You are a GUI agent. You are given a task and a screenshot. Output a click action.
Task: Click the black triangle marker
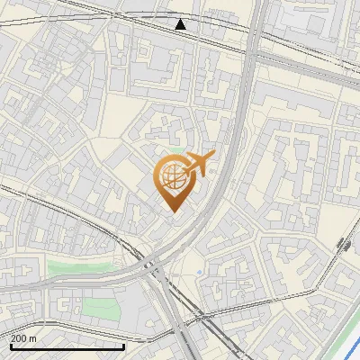[181, 23]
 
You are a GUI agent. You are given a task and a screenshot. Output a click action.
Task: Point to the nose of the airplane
[213, 155]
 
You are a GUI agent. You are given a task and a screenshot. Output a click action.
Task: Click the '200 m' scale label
[23, 337]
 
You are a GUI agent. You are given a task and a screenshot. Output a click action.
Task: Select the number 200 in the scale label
[19, 337]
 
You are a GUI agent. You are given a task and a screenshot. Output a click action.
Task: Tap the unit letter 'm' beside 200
[32, 337]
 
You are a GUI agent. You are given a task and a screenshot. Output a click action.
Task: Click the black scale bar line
[67, 346]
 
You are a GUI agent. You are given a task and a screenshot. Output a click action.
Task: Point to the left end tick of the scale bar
[11, 345]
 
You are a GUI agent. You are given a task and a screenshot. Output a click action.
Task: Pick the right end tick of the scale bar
[124, 345]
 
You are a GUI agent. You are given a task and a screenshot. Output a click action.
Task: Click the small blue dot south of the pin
[199, 271]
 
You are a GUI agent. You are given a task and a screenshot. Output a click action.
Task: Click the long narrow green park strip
[85, 266]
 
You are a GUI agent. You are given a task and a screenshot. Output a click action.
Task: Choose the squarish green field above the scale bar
[100, 309]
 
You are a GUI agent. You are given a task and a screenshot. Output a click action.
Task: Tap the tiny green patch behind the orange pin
[179, 150]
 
